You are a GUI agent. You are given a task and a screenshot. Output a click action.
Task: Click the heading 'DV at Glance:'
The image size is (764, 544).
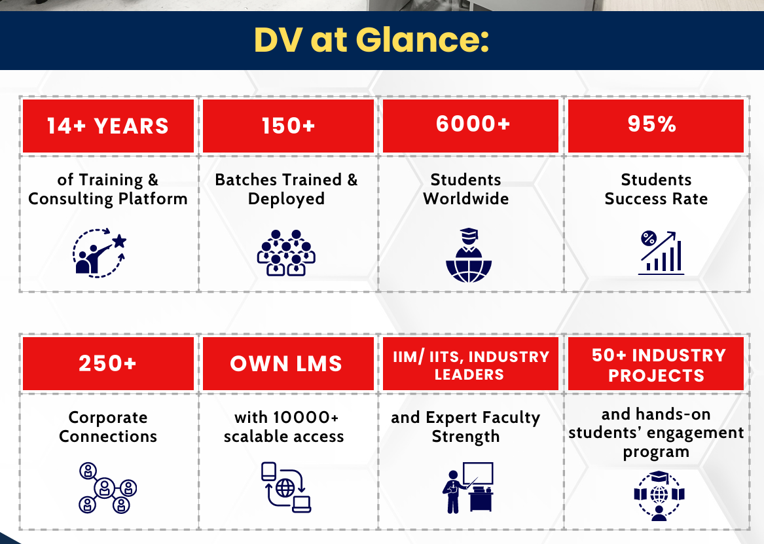click(x=371, y=40)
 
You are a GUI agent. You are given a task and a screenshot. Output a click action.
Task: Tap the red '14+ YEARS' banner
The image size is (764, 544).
click(x=108, y=126)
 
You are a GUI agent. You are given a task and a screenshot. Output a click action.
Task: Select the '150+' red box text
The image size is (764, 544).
click(x=289, y=126)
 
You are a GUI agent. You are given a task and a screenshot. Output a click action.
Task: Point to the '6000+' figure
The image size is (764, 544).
click(x=473, y=124)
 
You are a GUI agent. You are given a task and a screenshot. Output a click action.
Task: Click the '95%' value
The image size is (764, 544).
click(x=652, y=124)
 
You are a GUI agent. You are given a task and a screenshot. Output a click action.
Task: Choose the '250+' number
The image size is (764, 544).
click(x=107, y=363)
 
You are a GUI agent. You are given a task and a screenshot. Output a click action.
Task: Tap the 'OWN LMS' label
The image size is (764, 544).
click(x=286, y=364)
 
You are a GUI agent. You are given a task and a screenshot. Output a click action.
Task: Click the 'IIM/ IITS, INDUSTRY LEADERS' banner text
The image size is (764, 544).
click(x=471, y=365)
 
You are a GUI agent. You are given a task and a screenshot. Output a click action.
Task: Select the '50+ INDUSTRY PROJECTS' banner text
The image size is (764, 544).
click(x=658, y=365)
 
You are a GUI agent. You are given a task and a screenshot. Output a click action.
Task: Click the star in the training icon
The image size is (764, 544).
click(x=119, y=241)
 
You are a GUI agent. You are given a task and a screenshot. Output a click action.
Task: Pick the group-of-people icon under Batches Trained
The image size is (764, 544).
click(x=286, y=253)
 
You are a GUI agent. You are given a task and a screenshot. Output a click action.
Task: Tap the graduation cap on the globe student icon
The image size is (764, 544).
click(x=469, y=233)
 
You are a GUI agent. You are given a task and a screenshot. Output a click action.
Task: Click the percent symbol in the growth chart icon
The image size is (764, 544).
click(x=649, y=239)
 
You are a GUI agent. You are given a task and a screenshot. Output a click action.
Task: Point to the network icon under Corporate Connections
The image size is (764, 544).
click(x=107, y=488)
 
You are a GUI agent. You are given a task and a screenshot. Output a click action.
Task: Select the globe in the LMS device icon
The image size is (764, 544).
click(x=285, y=488)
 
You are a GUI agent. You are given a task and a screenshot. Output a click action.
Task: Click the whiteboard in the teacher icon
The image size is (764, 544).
click(x=478, y=473)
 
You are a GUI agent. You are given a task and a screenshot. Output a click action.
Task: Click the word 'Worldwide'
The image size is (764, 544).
click(x=466, y=199)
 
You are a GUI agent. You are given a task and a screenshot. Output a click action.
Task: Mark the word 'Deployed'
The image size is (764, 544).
click(x=286, y=200)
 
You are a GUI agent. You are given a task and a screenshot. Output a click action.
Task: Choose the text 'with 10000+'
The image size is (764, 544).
click(x=286, y=418)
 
